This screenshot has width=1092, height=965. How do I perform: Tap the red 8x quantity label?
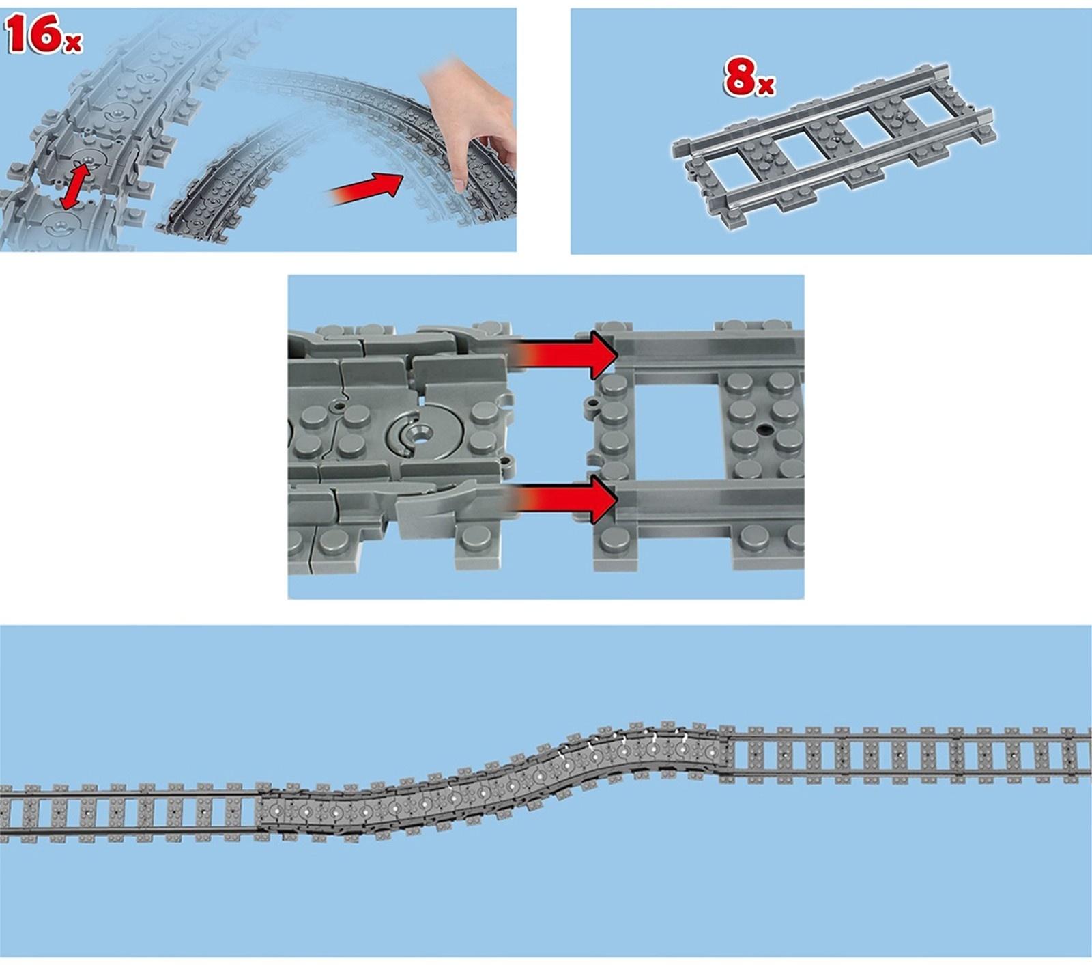tap(749, 77)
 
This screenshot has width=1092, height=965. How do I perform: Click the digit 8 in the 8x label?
tap(741, 77)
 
